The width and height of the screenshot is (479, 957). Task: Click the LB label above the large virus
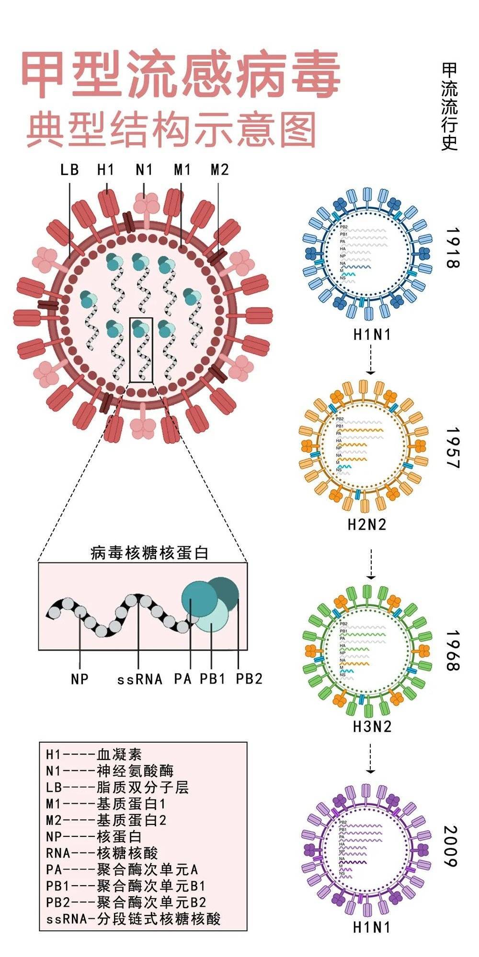click(x=69, y=169)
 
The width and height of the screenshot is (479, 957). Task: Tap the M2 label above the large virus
click(x=219, y=169)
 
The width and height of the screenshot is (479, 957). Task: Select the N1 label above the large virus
click(x=144, y=169)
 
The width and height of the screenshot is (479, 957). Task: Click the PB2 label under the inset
click(x=249, y=679)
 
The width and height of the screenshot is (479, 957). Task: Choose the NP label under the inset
click(x=80, y=679)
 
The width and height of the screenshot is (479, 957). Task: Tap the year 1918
click(x=452, y=247)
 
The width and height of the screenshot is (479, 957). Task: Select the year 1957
click(x=452, y=448)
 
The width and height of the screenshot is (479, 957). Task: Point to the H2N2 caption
click(x=367, y=524)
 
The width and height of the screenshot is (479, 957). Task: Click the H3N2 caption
click(x=372, y=726)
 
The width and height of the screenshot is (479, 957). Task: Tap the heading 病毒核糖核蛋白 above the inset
click(x=149, y=553)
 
